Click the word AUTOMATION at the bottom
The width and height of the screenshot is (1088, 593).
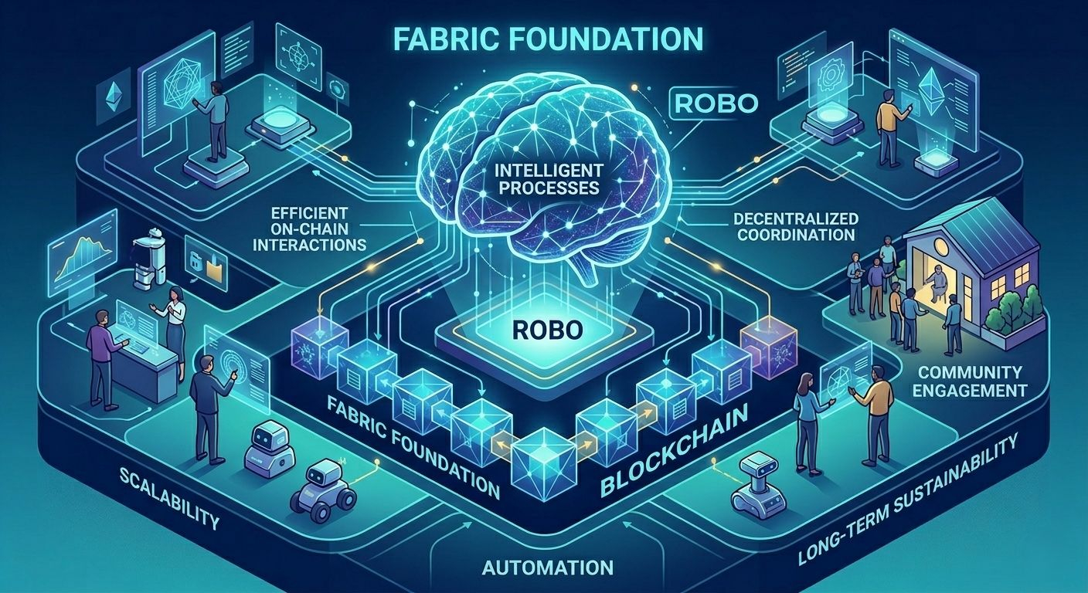pos(548,568)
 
